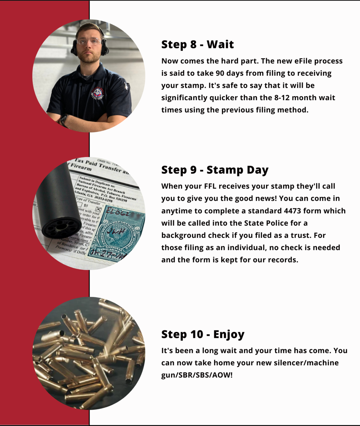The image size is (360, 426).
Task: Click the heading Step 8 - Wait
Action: pyautogui.click(x=197, y=44)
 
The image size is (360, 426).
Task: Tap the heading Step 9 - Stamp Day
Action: pyautogui.click(x=215, y=170)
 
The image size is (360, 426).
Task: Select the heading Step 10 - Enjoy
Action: pyautogui.click(x=203, y=334)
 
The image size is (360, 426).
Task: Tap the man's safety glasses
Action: pyautogui.click(x=89, y=41)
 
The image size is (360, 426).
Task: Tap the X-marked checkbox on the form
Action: pyautogui.click(x=98, y=209)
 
